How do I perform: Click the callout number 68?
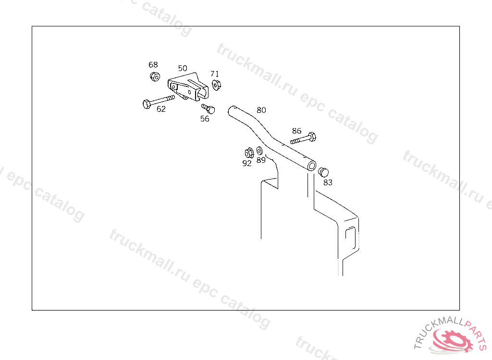tap(153, 65)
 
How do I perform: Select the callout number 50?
tap(183, 68)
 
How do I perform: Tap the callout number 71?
tap(215, 74)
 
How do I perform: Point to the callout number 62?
tap(161, 109)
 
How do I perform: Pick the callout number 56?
tap(205, 119)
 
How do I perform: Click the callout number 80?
tap(261, 110)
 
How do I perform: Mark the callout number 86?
tap(296, 131)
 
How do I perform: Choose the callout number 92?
tap(247, 163)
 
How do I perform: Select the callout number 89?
tap(261, 160)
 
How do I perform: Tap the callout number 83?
tap(328, 182)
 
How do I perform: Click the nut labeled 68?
tap(155, 76)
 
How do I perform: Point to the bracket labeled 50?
tap(188, 87)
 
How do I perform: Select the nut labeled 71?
tap(216, 85)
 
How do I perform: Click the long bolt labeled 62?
tap(159, 102)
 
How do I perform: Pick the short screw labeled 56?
tap(209, 108)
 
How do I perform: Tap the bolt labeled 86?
tap(304, 138)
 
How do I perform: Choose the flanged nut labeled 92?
tap(249, 153)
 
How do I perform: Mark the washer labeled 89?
tap(259, 151)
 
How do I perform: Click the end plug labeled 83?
tap(323, 172)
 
